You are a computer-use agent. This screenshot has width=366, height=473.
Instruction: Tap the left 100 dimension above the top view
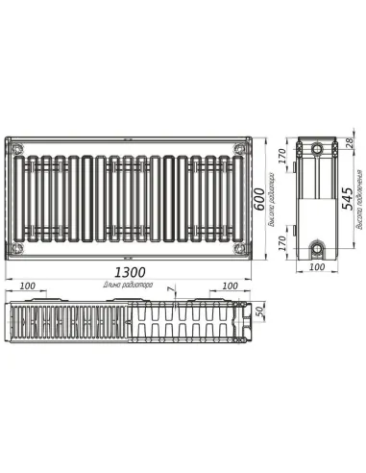27,286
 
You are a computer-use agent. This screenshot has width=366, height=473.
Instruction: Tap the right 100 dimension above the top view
231,286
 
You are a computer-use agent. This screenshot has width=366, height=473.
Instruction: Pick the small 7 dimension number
170,289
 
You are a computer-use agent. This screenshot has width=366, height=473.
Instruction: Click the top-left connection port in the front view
17,147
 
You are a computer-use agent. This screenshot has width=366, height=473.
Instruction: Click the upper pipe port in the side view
316,149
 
